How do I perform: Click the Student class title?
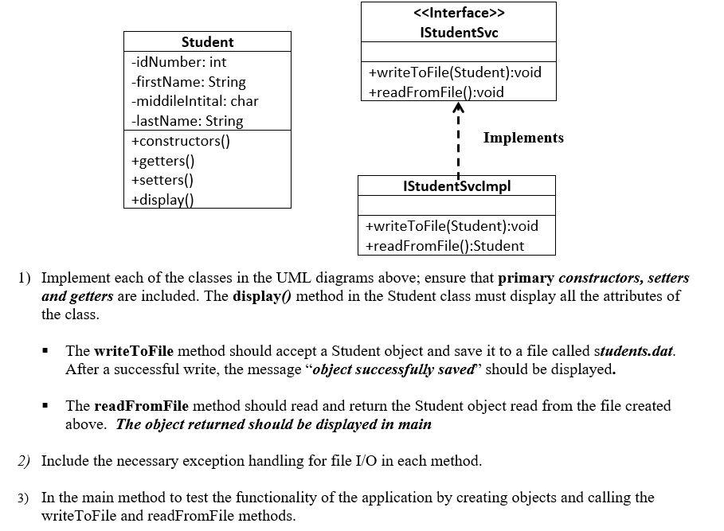[x=207, y=41]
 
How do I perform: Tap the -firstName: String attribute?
[x=188, y=82]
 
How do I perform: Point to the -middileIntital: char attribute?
[x=194, y=101]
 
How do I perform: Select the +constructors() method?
[x=181, y=141]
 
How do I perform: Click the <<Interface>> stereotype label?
[x=459, y=14]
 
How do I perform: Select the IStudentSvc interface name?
[x=459, y=33]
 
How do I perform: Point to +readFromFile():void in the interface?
[x=436, y=92]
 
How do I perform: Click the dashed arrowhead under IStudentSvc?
[x=458, y=107]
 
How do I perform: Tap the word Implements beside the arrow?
[x=523, y=138]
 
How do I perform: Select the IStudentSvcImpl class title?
[x=457, y=185]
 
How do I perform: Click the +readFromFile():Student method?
[x=444, y=246]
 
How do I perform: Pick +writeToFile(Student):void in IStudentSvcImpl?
[x=452, y=226]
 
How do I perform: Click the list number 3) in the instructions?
[x=24, y=498]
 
